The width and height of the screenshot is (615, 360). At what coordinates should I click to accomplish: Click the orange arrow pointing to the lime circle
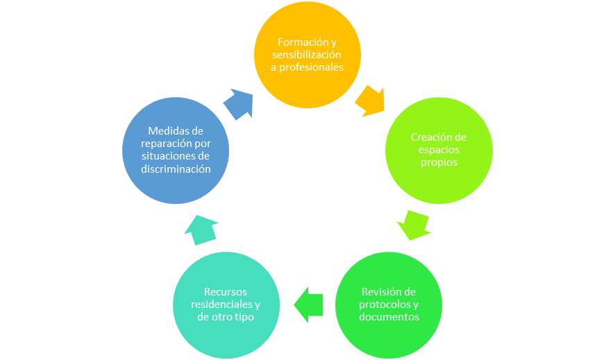coord(370,101)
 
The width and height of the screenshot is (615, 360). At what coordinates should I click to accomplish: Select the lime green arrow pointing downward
coord(414,225)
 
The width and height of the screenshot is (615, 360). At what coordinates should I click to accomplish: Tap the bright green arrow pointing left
coord(308,305)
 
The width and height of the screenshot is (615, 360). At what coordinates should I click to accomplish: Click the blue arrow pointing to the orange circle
coord(239,104)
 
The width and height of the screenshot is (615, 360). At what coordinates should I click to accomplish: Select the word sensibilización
coord(307,54)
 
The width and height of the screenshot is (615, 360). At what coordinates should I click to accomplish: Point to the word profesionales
coord(311,67)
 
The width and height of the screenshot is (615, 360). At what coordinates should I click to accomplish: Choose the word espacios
coord(439,150)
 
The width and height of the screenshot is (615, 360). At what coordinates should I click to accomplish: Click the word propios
coord(439,162)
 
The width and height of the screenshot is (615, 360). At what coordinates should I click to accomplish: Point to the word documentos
coord(389,317)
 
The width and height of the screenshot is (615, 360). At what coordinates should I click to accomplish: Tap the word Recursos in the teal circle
coord(226,292)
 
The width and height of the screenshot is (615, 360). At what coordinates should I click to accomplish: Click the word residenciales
coord(222,305)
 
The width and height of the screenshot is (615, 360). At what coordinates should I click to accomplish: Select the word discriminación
coord(176,169)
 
